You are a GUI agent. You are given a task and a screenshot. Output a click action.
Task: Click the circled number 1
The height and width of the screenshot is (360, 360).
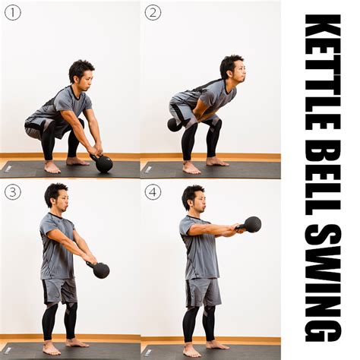point(13,12)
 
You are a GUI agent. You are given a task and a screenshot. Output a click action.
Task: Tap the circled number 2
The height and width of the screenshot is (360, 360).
point(153,12)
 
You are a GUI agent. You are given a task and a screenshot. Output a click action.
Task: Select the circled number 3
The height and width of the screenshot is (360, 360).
point(13,192)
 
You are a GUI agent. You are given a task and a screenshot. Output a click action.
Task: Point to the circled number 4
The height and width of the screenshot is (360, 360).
point(153,192)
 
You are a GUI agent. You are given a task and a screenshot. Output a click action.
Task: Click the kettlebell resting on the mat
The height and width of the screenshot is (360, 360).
point(103,163)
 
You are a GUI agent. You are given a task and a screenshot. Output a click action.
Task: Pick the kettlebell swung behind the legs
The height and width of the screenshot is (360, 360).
point(174,125)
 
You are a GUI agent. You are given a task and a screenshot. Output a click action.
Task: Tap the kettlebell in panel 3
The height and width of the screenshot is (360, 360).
point(100,270)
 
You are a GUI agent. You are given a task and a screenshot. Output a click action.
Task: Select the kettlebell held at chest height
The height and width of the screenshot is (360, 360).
point(251,225)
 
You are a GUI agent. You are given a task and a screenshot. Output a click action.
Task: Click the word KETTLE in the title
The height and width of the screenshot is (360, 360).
point(323,72)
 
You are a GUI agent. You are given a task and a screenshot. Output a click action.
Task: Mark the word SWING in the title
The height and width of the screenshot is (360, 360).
point(323,283)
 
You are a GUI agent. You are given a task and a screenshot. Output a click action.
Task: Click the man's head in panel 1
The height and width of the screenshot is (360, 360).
point(81,74)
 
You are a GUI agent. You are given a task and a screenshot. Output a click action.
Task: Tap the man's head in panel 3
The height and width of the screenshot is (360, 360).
point(57,195)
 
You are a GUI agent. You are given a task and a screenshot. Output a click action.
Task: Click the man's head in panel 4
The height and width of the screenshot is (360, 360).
point(194,198)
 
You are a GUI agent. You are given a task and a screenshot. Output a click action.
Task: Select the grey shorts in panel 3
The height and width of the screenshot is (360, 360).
point(59,291)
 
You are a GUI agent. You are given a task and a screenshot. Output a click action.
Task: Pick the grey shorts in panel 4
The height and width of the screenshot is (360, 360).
point(203,292)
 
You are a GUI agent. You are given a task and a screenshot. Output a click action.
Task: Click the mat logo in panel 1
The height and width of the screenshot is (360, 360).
point(8,169)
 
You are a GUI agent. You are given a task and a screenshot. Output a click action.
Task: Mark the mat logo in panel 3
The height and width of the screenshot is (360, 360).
point(8,350)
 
